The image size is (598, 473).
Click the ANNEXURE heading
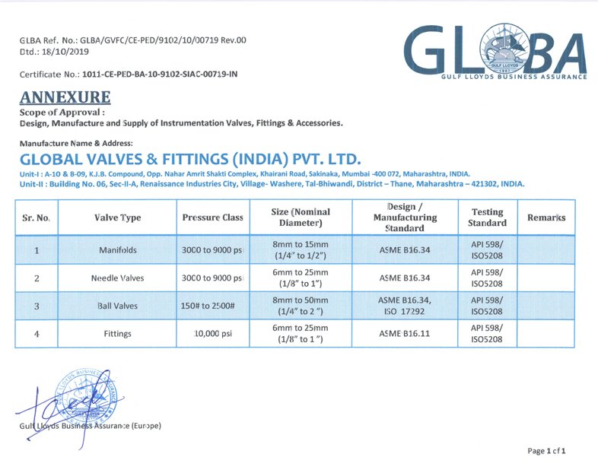(65, 97)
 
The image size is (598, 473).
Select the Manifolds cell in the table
(118, 250)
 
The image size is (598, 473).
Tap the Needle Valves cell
(118, 278)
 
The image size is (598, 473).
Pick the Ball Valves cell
(118, 306)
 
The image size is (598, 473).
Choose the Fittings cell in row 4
(118, 333)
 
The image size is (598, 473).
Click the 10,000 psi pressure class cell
(213, 333)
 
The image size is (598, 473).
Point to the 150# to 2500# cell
(213, 306)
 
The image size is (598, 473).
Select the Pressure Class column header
(213, 217)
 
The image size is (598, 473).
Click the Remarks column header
(546, 217)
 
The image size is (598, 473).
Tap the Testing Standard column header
(487, 217)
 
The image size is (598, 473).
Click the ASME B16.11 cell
(405, 333)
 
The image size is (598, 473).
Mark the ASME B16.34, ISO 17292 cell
(405, 306)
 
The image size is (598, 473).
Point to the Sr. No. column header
(37, 217)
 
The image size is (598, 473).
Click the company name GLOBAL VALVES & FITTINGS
(190, 160)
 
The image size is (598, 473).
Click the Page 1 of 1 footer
(546, 451)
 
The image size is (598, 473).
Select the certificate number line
(129, 75)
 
